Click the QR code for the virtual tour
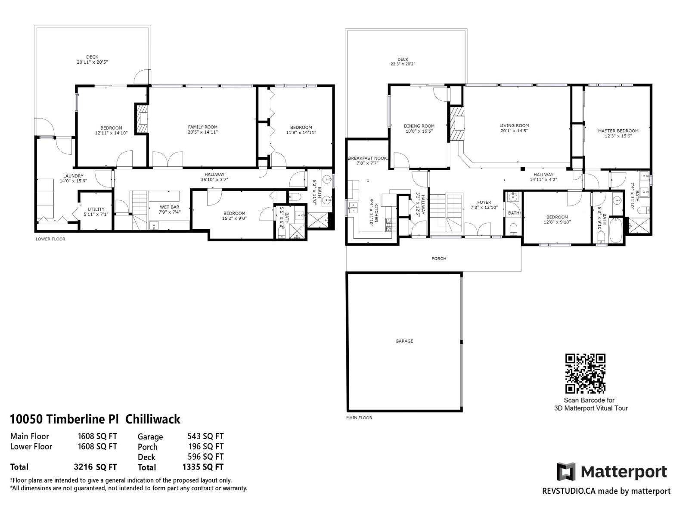(x=585, y=374)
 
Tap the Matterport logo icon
(x=566, y=472)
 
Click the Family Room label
(x=202, y=127)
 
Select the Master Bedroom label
(x=618, y=131)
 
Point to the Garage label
(x=404, y=341)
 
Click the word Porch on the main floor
(x=439, y=258)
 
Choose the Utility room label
(x=96, y=209)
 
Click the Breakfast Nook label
(x=367, y=158)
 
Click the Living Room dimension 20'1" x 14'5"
(x=514, y=131)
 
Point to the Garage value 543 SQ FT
(x=205, y=436)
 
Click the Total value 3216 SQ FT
(x=95, y=467)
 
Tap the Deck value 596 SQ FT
(x=205, y=457)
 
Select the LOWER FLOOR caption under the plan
(x=50, y=239)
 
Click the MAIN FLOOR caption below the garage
(x=359, y=417)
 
